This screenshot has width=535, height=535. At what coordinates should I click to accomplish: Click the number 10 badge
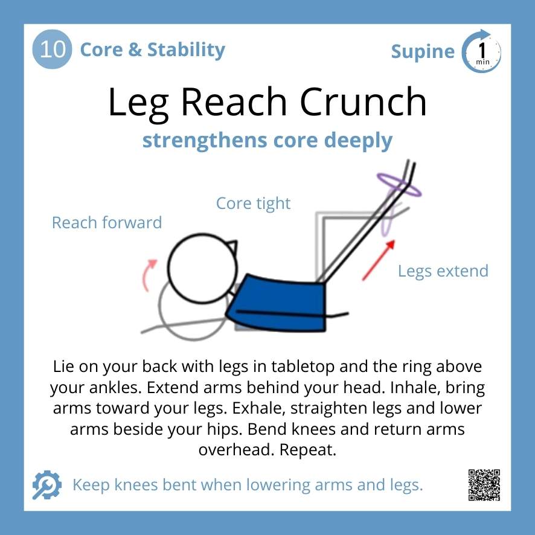52,49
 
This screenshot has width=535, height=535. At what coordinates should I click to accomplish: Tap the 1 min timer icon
482,51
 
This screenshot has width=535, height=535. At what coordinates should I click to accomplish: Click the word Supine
423,52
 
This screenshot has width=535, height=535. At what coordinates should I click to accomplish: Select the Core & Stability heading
152,50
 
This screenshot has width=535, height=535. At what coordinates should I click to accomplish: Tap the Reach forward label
107,222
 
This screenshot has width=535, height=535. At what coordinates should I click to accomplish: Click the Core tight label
253,203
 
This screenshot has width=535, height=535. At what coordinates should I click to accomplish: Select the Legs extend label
443,271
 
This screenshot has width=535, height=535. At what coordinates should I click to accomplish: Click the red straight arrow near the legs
378,260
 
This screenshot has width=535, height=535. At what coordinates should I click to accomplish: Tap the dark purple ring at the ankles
399,184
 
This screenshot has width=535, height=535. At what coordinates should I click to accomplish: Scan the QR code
484,485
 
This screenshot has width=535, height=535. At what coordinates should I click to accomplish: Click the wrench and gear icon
46,485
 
